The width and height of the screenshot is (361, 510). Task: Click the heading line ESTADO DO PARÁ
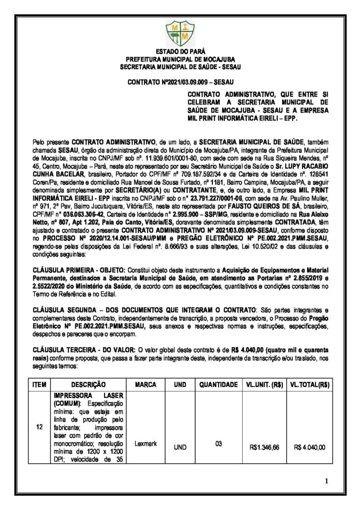pos(180,52)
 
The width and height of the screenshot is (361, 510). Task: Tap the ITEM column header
pos(39,384)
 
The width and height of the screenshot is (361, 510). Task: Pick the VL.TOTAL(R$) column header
pos(310,384)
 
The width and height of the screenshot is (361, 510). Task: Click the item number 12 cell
pos(39,427)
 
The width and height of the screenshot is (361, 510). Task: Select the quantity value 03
pos(217,443)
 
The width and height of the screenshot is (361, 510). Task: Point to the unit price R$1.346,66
pos(264,447)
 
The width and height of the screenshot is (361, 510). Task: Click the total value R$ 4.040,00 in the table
pos(310,447)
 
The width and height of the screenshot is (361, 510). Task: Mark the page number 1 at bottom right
pos(326,481)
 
